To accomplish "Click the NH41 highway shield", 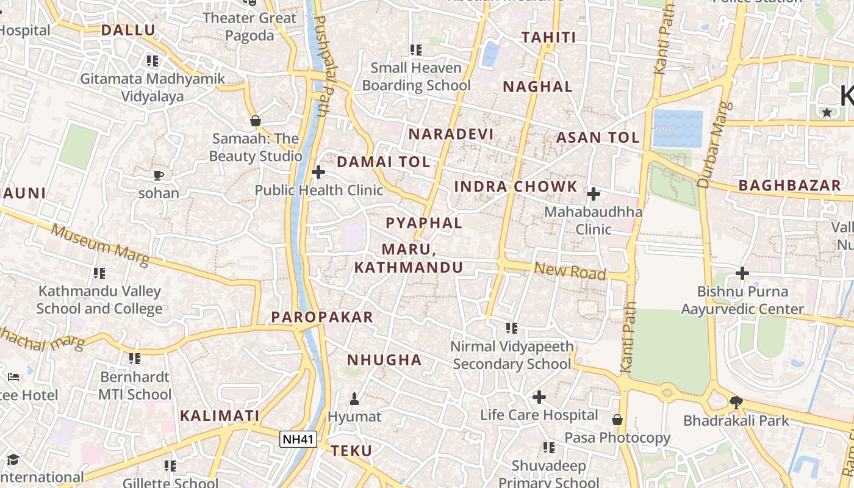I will [x=298, y=439].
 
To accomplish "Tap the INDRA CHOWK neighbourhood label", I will [x=515, y=187].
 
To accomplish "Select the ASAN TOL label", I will [x=597, y=137].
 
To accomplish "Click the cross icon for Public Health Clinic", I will [x=318, y=173].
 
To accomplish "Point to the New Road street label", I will [x=570, y=271].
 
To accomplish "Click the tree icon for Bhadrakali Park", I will [x=736, y=402].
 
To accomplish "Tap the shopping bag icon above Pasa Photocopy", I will [x=617, y=420].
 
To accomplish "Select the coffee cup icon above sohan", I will [x=159, y=176].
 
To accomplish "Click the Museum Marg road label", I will [x=100, y=245].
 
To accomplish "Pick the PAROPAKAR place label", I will [x=321, y=317].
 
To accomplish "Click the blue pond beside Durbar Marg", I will [x=678, y=129].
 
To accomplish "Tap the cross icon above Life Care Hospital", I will [x=539, y=397].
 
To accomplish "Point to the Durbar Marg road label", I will [x=712, y=145].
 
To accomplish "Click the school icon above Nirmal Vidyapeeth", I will [x=512, y=328].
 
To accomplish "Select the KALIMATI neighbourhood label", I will [x=220, y=415].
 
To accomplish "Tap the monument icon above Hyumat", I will [x=354, y=399].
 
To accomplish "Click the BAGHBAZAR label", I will [x=789, y=186].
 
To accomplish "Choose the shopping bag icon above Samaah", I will [x=256, y=121].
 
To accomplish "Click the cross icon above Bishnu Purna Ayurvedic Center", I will [x=742, y=273].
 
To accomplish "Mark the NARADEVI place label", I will [x=451, y=134].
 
